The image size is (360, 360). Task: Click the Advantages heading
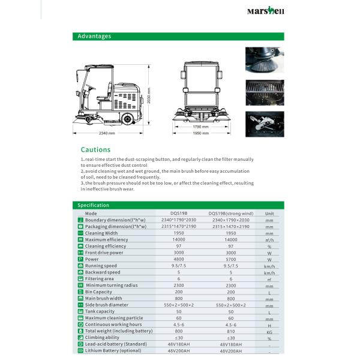coord(94,36)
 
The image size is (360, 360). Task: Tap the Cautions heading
coord(96,149)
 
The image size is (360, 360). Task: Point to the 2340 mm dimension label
coord(107,133)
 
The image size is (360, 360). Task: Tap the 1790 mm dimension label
coord(201,127)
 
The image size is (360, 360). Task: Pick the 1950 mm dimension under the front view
coord(201,133)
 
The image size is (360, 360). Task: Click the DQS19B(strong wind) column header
coord(231,213)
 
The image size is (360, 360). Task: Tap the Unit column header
coord(270,213)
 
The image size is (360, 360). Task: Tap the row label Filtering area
coord(99,278)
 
